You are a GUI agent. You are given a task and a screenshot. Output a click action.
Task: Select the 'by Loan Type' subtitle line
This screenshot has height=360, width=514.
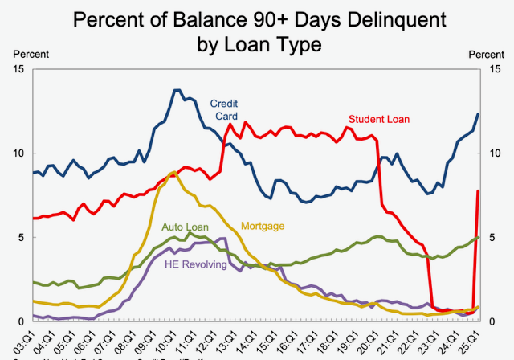pyautogui.click(x=258, y=44)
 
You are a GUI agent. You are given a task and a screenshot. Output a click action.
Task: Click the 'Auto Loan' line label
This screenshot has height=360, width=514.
pyautogui.click(x=185, y=227)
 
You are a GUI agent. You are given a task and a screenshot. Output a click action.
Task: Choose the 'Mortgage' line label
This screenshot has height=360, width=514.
pyautogui.click(x=262, y=227)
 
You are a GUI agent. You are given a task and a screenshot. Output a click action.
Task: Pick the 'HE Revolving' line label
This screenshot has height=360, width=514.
pyautogui.click(x=195, y=264)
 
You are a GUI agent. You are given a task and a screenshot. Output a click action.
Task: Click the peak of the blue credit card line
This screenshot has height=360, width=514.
pyautogui.click(x=176, y=90)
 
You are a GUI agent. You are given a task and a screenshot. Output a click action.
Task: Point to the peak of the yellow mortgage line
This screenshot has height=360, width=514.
pyautogui.click(x=174, y=172)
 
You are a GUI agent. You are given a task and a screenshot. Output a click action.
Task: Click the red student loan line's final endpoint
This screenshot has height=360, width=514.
pyautogui.click(x=479, y=190)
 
